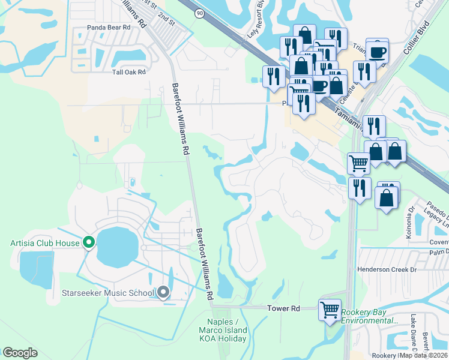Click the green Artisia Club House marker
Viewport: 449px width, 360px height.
(x=89, y=242)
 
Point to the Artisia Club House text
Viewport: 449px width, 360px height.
(x=45, y=243)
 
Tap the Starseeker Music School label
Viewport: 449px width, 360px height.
(x=108, y=293)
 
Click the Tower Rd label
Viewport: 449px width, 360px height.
(x=283, y=308)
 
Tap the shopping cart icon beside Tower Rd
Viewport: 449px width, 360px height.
(x=330, y=310)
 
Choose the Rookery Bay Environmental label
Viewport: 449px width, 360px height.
(x=369, y=316)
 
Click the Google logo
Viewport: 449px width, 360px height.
(x=20, y=352)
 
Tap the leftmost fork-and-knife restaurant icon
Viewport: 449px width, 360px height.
(x=273, y=76)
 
